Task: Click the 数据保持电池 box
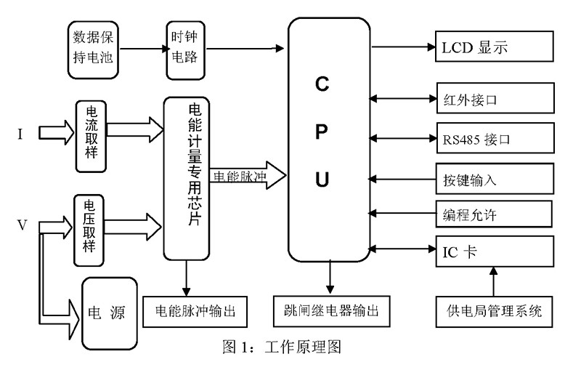coord(94,49)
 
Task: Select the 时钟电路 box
coord(184,48)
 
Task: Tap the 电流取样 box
coord(93,136)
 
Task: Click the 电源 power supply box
coord(109,313)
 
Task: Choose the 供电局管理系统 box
coord(494,312)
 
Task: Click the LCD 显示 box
coord(494,48)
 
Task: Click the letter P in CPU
coord(322,131)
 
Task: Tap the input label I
coord(22,136)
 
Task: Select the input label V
coord(23,225)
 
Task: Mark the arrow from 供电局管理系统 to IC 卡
coord(494,280)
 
